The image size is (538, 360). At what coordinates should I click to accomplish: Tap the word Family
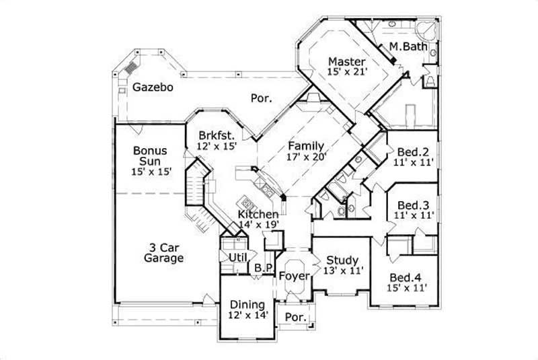306,145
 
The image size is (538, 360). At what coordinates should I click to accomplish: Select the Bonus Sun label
149,156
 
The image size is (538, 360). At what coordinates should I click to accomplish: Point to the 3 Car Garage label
163,252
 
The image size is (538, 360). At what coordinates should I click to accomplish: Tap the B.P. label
263,267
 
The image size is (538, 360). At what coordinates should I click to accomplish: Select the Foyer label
294,276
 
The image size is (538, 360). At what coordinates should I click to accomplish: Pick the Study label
342,260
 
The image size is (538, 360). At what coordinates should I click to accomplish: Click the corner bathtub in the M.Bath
426,30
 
